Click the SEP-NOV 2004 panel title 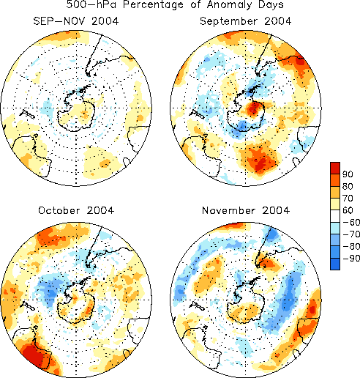[76, 21]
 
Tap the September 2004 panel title [246, 21]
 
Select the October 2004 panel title [76, 210]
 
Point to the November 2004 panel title [246, 210]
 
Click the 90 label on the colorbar [348, 174]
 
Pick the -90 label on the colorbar [351, 258]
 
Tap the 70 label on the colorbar [348, 198]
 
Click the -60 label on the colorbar [351, 222]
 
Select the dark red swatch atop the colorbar [335, 168]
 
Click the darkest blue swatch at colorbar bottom [335, 264]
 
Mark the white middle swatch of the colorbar [335, 216]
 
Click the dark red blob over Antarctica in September [253, 108]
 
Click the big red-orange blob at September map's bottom [260, 160]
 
